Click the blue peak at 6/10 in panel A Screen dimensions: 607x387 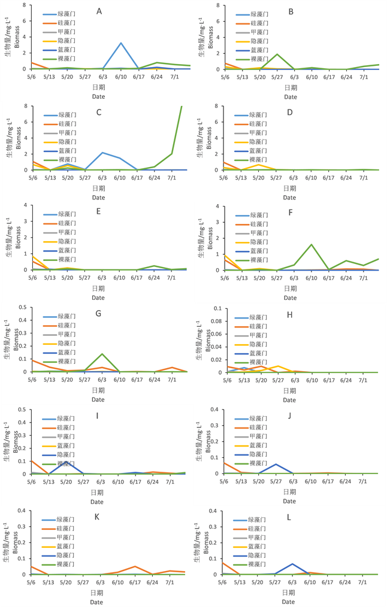tap(121, 43)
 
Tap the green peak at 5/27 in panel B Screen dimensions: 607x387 tap(277, 54)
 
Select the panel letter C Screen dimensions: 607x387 tap(98, 112)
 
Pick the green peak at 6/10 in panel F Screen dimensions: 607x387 tap(312, 244)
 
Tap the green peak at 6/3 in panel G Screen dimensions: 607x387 tap(102, 354)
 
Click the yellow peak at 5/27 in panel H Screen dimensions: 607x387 tap(277, 366)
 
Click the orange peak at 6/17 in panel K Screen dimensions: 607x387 tap(135, 566)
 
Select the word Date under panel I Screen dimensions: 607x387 tap(98, 500)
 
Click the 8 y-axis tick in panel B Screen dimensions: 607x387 tap(218, 5)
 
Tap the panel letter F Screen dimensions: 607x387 tap(291, 212)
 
